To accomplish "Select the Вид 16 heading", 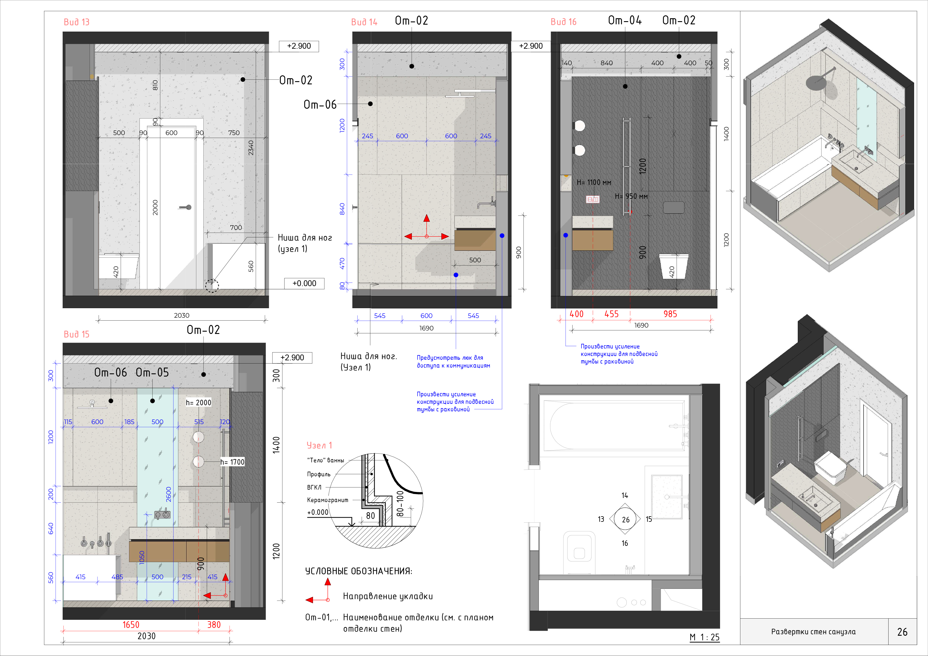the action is [563, 22].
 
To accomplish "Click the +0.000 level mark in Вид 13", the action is [304, 284].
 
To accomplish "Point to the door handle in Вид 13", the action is [186, 207].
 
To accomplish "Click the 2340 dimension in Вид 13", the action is [251, 148].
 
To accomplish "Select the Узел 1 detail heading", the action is [319, 445].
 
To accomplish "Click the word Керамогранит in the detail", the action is [327, 500].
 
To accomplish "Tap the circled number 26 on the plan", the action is [626, 520].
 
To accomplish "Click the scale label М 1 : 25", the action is [704, 637].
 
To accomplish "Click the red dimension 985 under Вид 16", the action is [670, 314].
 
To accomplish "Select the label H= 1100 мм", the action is [594, 183].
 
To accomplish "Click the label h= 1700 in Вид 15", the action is [232, 462].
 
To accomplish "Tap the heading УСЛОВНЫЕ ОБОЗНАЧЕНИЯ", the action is [358, 571].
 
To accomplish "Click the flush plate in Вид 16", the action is [674, 208].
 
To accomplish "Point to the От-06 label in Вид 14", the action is [320, 105].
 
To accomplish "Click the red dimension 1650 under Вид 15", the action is [131, 625].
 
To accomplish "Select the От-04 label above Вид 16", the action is [625, 20].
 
